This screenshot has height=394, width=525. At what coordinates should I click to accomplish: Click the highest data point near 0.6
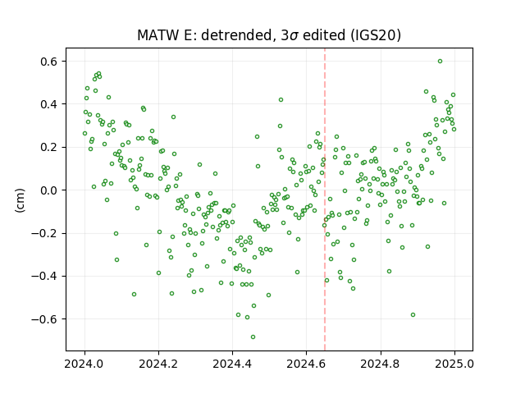click(440, 62)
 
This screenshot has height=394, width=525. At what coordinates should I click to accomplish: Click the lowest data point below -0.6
click(253, 337)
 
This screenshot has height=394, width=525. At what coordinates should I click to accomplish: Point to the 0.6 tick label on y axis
click(49, 62)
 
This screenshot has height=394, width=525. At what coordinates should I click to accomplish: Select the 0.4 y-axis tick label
click(49, 104)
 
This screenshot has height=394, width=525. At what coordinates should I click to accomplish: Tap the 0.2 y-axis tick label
click(49, 148)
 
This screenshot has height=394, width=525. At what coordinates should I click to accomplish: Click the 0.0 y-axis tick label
click(49, 190)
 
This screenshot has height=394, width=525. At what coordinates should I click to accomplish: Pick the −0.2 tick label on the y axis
click(44, 233)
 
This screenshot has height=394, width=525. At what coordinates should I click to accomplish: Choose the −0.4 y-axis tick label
click(44, 277)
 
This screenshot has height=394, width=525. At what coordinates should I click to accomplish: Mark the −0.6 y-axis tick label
click(44, 319)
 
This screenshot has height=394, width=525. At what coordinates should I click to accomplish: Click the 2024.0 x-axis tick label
click(84, 364)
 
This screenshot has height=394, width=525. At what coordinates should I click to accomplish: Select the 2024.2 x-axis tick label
click(158, 364)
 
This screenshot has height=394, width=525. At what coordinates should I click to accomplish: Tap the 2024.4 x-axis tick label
click(232, 364)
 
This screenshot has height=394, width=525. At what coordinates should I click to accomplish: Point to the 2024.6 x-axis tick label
click(306, 364)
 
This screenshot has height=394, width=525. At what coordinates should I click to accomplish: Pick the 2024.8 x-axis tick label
click(380, 364)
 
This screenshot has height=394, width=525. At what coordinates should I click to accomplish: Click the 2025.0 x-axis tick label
click(454, 364)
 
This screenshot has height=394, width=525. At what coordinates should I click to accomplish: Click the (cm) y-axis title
click(20, 200)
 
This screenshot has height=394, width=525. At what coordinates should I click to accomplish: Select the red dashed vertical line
click(325, 199)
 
